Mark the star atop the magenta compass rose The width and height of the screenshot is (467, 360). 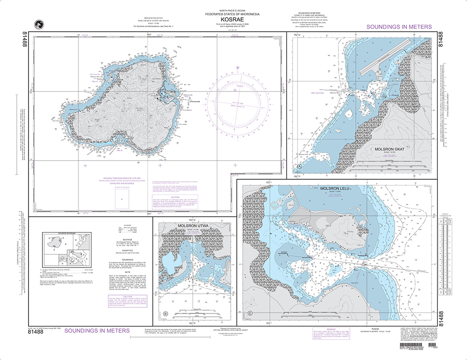point(238,69)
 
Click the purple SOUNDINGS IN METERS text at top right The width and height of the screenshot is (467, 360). point(399,28)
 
